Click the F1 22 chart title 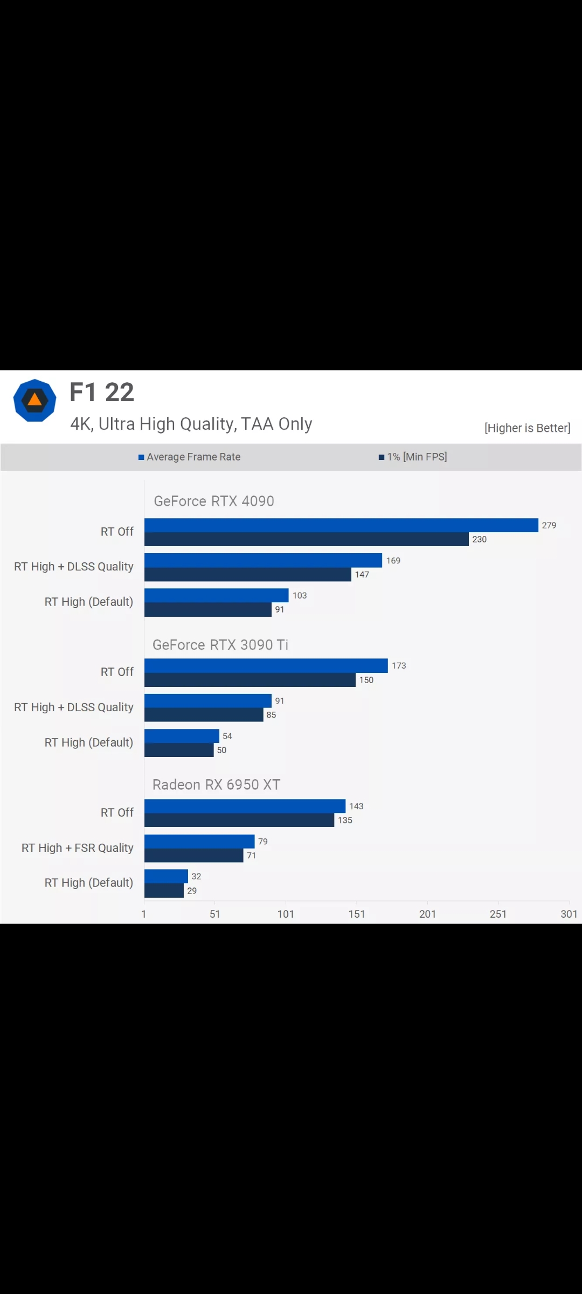[x=102, y=393]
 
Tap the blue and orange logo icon [x=34, y=401]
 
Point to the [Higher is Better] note [x=527, y=428]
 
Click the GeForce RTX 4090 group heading [x=214, y=501]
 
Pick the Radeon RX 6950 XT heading [x=216, y=785]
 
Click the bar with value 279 [x=341, y=525]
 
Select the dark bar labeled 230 [x=306, y=540]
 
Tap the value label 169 [x=393, y=561]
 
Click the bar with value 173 [x=266, y=666]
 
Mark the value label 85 [x=271, y=715]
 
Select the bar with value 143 [x=245, y=806]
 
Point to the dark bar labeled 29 [x=164, y=891]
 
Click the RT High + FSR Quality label [x=77, y=848]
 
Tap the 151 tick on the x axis [x=357, y=914]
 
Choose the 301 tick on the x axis [x=569, y=914]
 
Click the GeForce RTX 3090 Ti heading [x=220, y=645]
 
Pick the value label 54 [x=227, y=736]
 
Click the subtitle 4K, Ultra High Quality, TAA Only [x=191, y=424]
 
